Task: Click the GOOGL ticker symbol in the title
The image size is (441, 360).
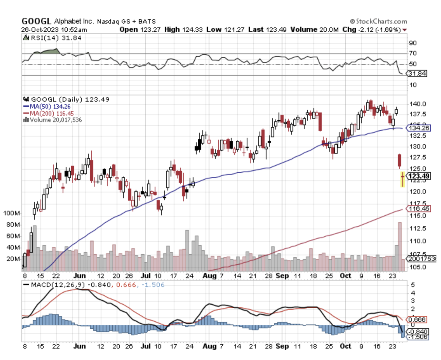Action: (36, 21)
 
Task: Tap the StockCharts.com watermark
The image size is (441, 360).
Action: (379, 21)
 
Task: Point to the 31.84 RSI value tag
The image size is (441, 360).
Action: (417, 73)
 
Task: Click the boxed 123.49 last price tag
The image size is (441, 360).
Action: (419, 176)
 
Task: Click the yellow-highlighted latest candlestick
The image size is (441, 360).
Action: (402, 179)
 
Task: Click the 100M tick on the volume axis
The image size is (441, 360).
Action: (12, 213)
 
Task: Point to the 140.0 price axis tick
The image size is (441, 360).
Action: (418, 104)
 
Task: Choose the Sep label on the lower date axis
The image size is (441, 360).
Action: (282, 346)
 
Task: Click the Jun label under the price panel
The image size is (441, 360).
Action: (79, 276)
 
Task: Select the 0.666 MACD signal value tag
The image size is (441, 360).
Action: (417, 319)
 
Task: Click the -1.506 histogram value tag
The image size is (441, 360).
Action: (418, 337)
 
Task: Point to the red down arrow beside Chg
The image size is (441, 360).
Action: (404, 30)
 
